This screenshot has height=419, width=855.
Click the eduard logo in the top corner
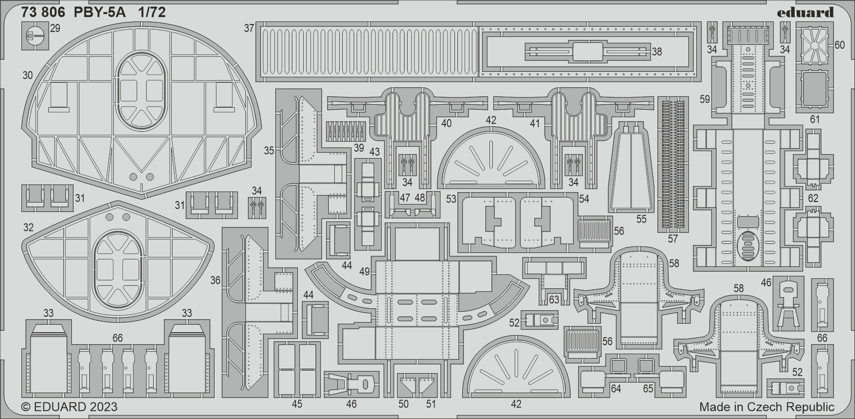pyautogui.click(x=806, y=12)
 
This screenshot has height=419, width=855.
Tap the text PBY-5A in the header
pyautogui.click(x=99, y=12)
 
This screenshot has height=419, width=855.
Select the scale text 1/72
pyautogui.click(x=152, y=12)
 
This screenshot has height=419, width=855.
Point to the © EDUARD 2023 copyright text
pyautogui.click(x=69, y=407)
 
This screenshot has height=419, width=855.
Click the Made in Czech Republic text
pyautogui.click(x=767, y=407)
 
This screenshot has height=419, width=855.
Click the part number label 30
pyautogui.click(x=27, y=75)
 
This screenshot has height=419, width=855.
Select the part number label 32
pyautogui.click(x=28, y=228)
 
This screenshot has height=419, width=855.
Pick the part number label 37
pyautogui.click(x=249, y=28)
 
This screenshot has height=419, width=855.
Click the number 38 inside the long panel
pyautogui.click(x=656, y=51)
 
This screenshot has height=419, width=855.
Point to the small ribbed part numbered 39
pyautogui.click(x=345, y=132)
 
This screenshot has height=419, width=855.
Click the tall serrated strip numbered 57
pyautogui.click(x=673, y=165)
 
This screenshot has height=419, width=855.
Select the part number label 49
pyautogui.click(x=365, y=271)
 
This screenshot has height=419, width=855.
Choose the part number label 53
pyautogui.click(x=451, y=199)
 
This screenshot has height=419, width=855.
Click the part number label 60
pyautogui.click(x=840, y=45)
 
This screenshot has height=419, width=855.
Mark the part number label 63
pyautogui.click(x=554, y=300)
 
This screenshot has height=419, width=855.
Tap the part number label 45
pyautogui.click(x=297, y=404)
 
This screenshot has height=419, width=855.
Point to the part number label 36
pyautogui.click(x=215, y=280)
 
